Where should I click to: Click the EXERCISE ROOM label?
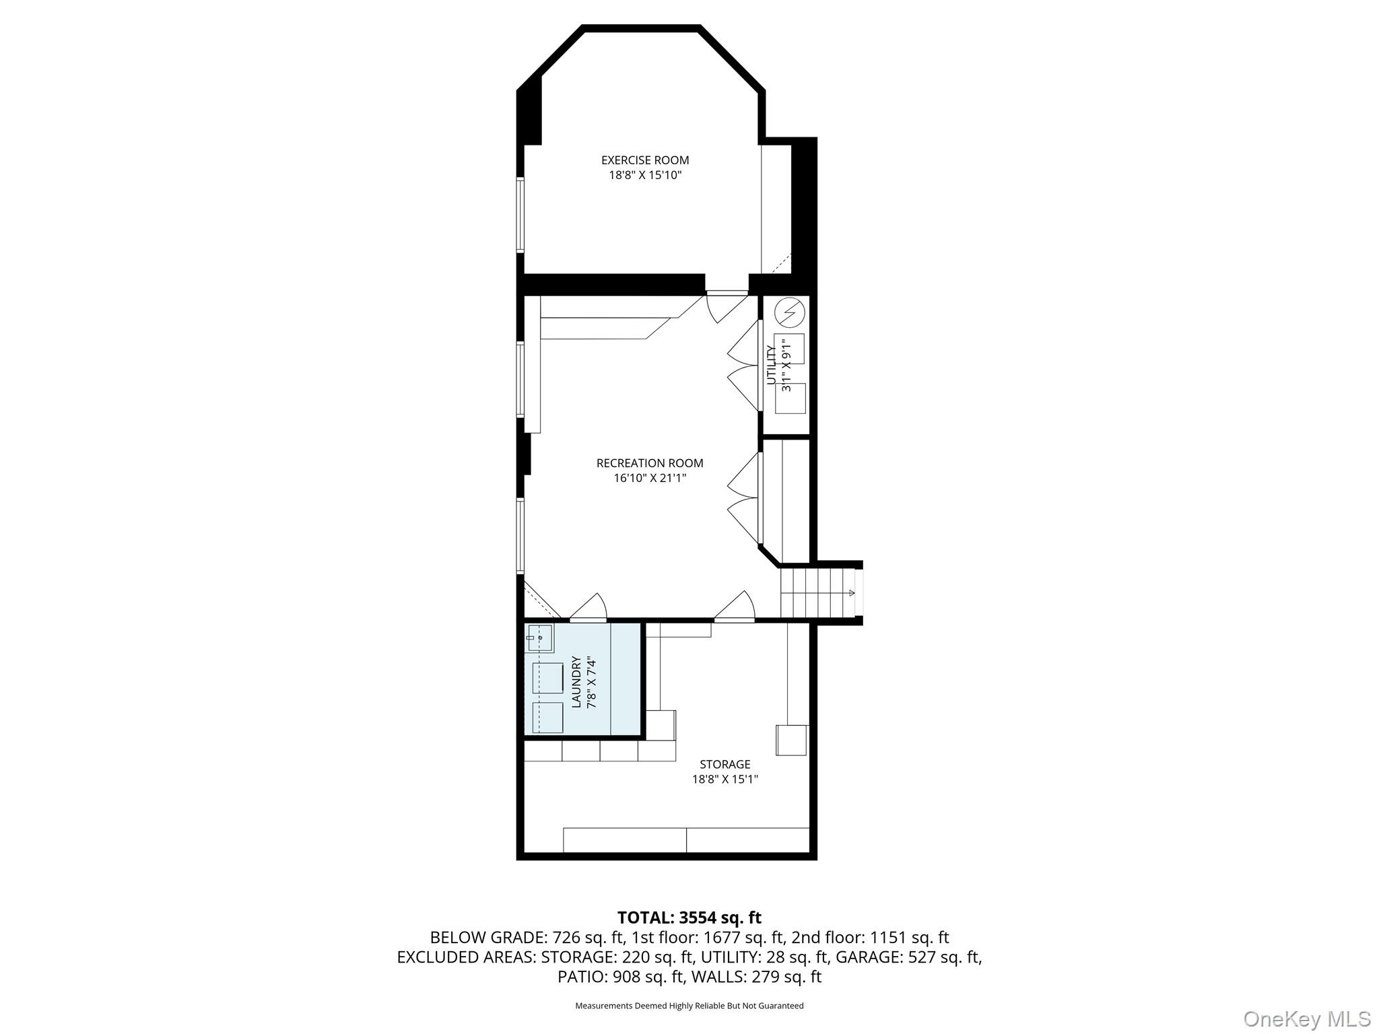click(x=644, y=160)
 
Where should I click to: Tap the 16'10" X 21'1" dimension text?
click(x=649, y=479)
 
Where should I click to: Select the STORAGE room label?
click(x=725, y=764)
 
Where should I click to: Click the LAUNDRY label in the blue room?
click(x=576, y=682)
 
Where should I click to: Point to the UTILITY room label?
click(x=772, y=366)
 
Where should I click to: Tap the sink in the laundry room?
click(x=539, y=637)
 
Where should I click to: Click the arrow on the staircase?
click(x=851, y=593)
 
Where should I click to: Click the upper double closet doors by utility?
click(x=743, y=366)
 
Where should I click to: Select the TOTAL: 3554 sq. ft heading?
click(x=689, y=918)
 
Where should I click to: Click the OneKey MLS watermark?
click(x=1306, y=1019)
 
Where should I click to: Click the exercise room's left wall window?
click(x=520, y=214)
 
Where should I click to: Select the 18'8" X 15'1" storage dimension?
click(x=725, y=780)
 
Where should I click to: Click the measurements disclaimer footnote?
click(x=689, y=1006)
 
